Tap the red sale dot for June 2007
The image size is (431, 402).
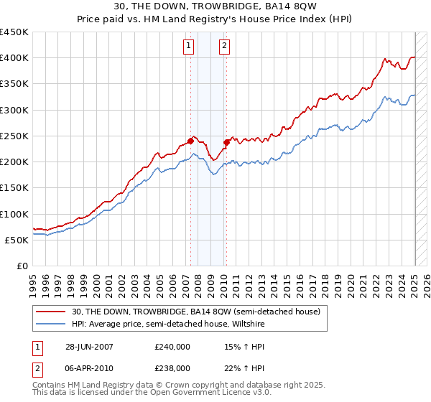[191, 141]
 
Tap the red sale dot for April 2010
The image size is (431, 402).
[226, 142]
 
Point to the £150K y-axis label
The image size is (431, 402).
[14, 187]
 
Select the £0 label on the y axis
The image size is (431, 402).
[22, 266]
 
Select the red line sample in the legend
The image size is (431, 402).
[51, 311]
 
